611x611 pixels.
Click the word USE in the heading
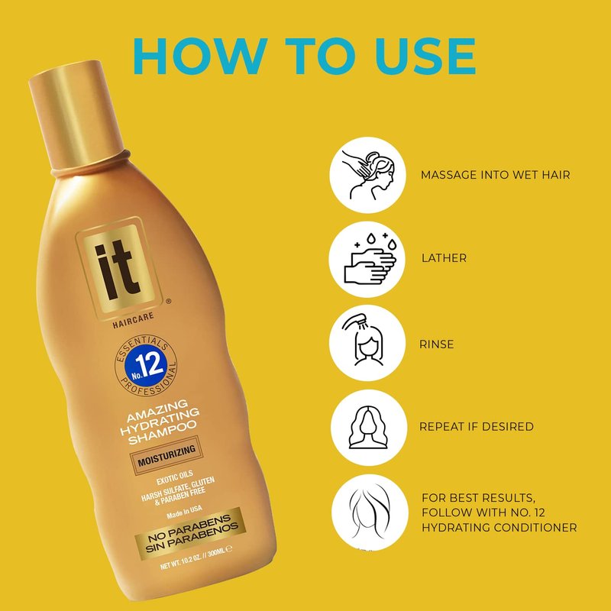[x=426, y=56]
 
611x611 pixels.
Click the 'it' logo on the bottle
[x=118, y=270]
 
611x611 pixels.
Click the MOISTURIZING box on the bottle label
[x=166, y=456]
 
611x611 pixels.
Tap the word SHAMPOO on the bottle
[x=163, y=432]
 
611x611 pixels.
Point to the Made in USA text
[x=184, y=512]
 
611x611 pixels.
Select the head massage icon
[x=367, y=175]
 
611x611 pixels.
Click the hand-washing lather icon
[x=367, y=260]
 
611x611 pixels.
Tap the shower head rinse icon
[x=367, y=343]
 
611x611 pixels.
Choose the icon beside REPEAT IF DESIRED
[x=369, y=428]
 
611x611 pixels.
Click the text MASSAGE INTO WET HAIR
[x=495, y=175]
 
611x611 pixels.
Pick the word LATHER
[x=444, y=258]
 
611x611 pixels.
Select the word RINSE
[x=436, y=344]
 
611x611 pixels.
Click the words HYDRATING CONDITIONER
[x=499, y=528]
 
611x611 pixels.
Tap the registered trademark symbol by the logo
[x=168, y=301]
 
